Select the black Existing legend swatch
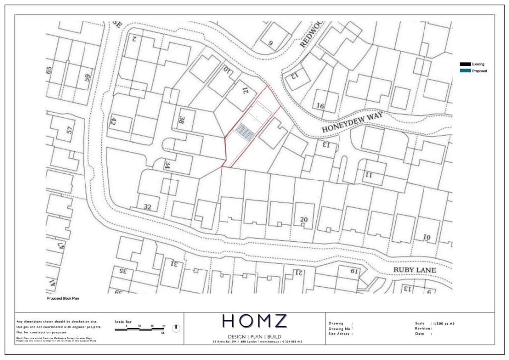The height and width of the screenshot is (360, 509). pos(465,64)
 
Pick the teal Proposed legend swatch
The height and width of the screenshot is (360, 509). pos(465,71)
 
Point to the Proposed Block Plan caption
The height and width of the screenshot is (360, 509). pos(63,298)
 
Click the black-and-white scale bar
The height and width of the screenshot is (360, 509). pos(140,330)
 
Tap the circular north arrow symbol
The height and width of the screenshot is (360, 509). pos(176,329)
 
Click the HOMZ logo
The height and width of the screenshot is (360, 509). pos(254,322)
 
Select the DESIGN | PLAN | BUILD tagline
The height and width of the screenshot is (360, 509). pos(254,336)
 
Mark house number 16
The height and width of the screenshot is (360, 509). pos(320,106)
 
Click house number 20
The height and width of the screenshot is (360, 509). pos(304,219)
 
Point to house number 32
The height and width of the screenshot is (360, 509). pos(147,206)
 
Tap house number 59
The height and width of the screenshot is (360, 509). pos(87,78)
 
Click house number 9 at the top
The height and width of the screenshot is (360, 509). pos(271,43)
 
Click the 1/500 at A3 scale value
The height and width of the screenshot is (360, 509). pos(443,323)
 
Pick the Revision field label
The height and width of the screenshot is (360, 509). pos(423,328)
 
